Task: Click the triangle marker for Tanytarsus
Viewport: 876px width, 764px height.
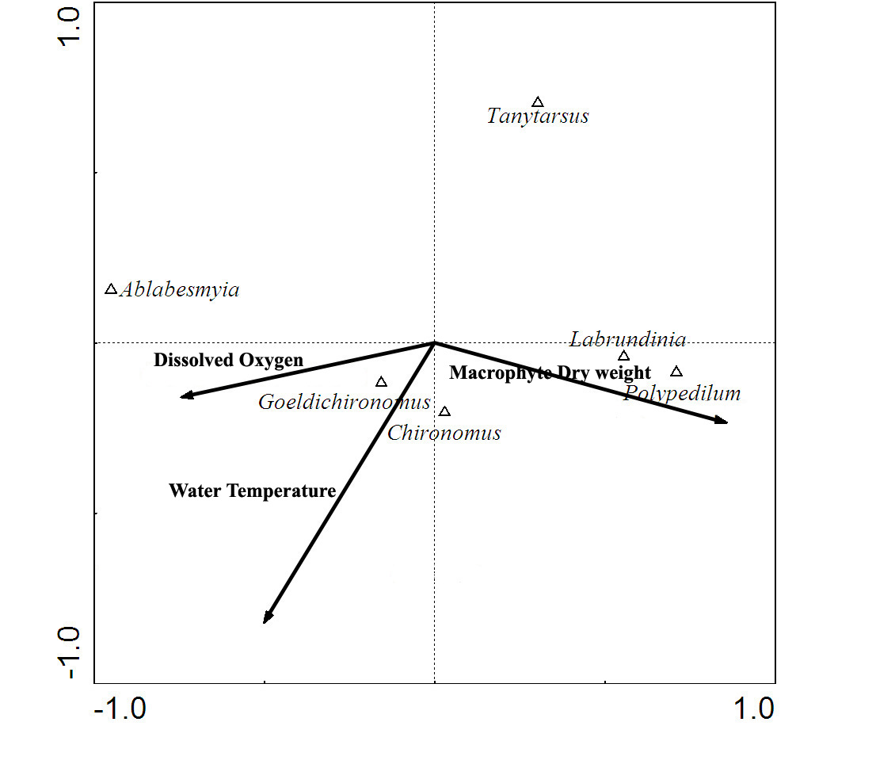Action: [x=538, y=102]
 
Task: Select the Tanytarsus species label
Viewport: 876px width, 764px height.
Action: [x=538, y=117]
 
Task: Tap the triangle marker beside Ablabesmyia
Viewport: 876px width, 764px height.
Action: [x=111, y=289]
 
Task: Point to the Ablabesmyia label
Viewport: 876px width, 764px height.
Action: [x=179, y=290]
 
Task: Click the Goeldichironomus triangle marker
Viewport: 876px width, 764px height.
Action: [x=381, y=382]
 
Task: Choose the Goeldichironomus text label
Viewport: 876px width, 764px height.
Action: [x=345, y=402]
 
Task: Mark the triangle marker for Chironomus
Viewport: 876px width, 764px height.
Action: [x=444, y=412]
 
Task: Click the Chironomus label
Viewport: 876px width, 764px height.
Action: [x=444, y=433]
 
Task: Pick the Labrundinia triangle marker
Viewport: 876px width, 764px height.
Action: [x=623, y=356]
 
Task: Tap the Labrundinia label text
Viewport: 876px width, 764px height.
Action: [x=628, y=340]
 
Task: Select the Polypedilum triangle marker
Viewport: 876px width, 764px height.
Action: [x=676, y=372]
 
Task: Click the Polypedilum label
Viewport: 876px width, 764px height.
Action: [x=682, y=393]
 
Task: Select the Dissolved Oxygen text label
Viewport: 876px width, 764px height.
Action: [x=228, y=361]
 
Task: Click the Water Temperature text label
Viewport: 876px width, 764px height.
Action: [x=252, y=491]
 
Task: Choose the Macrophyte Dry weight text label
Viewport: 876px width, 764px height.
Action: [x=550, y=373]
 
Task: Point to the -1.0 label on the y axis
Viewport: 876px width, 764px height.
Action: [x=70, y=653]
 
